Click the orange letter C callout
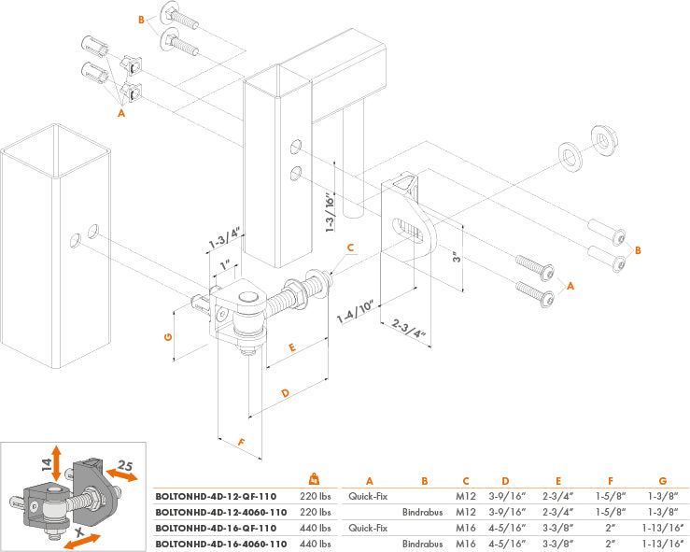(x=351, y=248)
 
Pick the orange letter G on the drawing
(x=168, y=336)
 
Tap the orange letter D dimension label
(x=286, y=392)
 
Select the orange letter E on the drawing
(x=292, y=347)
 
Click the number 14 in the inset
(x=44, y=461)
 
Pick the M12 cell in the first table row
(x=465, y=498)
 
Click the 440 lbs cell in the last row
(x=314, y=543)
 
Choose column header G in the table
(x=661, y=482)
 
